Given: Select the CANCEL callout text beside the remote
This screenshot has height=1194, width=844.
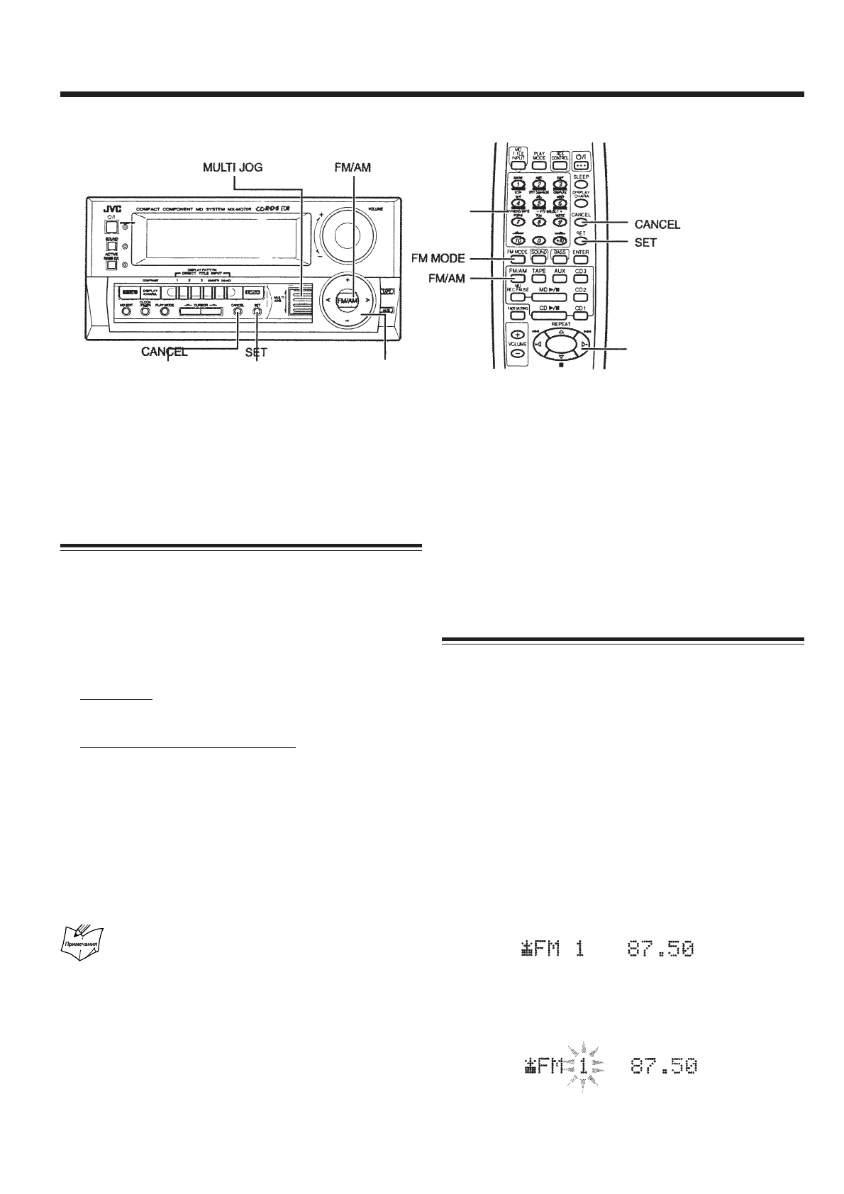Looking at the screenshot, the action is (657, 225).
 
